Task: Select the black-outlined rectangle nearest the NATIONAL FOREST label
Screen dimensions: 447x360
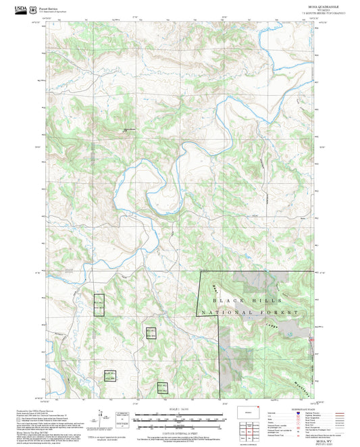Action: coord(151,333)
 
